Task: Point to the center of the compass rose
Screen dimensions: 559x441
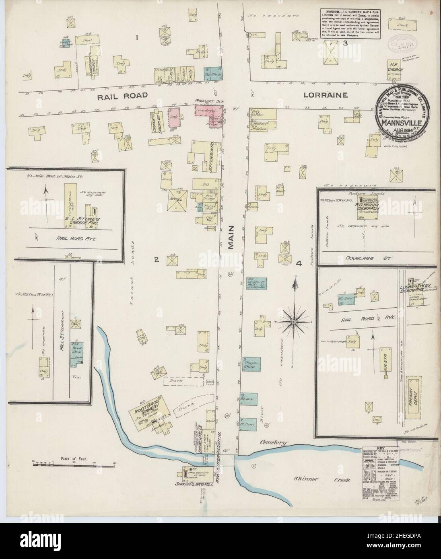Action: click(x=295, y=322)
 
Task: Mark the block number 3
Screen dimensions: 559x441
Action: click(x=345, y=43)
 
